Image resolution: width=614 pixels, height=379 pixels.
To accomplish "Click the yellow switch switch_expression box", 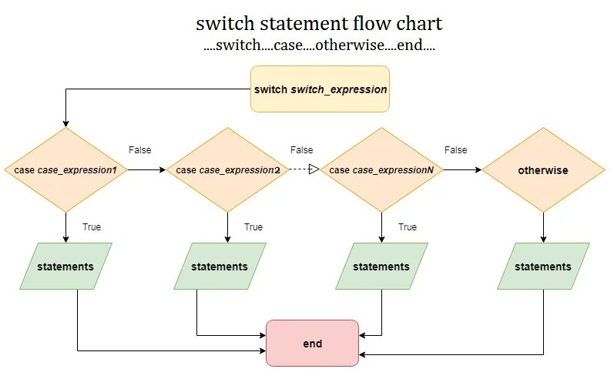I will (x=320, y=89).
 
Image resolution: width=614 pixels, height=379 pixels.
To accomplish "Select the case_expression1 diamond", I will (x=65, y=169).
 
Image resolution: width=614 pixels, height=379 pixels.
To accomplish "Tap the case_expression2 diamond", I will (x=227, y=169).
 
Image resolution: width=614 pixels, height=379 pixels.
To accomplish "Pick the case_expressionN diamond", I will (x=381, y=169).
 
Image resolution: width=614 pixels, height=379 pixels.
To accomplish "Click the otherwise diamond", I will (x=544, y=169).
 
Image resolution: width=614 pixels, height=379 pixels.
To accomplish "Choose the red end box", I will (x=312, y=343).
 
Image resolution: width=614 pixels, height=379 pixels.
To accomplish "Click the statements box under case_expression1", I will (x=65, y=267).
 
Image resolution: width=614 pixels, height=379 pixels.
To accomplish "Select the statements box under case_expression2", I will (x=220, y=267).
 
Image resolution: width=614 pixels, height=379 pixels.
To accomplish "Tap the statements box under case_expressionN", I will (x=381, y=267).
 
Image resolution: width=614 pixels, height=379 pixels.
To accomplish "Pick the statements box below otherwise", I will (x=543, y=267).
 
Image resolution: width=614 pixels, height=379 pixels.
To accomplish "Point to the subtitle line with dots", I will (x=319, y=45).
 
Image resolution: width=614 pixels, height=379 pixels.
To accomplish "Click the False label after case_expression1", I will (x=139, y=150).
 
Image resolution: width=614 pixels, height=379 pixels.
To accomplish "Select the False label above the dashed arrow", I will (x=301, y=150).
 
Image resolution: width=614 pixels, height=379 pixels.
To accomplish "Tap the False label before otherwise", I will (x=455, y=150).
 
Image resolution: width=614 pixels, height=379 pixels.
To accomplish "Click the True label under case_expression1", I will (x=92, y=227).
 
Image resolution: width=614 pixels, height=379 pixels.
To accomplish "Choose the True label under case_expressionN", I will (x=408, y=227).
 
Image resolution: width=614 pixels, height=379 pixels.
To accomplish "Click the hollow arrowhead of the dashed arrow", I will (x=314, y=169).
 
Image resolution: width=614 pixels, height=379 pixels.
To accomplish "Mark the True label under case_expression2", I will (x=253, y=227).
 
